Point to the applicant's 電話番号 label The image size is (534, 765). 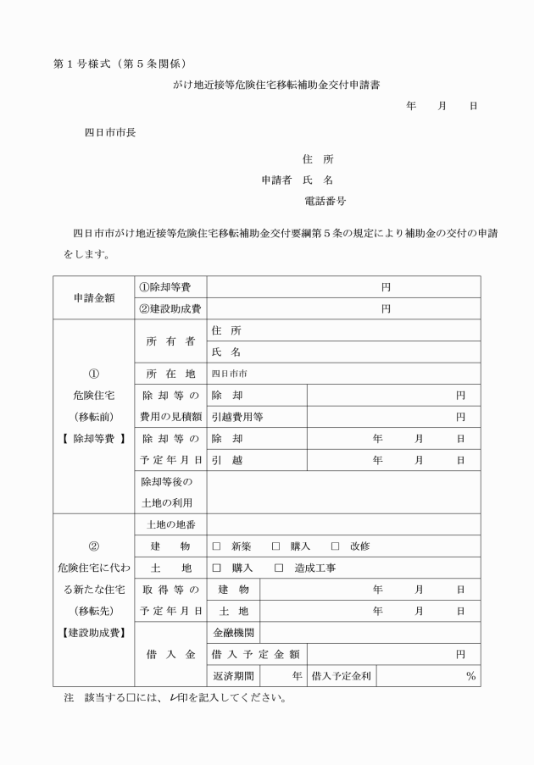[x=324, y=202]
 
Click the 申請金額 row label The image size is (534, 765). [x=94, y=298]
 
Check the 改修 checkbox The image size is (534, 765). [x=335, y=546]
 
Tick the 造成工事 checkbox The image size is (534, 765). [x=279, y=568]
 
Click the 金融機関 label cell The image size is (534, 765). [x=233, y=633]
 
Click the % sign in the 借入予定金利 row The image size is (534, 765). [x=470, y=676]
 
